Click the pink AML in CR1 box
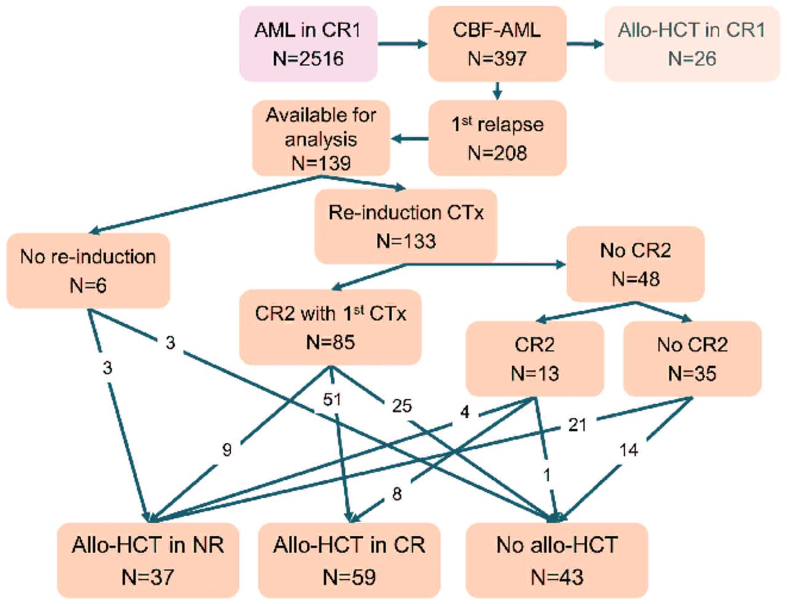click(308, 44)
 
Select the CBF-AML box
click(497, 44)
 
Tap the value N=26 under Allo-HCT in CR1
click(692, 59)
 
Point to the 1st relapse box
click(497, 138)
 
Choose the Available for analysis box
click(321, 138)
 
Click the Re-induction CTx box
click(406, 226)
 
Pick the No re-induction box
click(88, 271)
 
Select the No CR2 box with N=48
click(635, 264)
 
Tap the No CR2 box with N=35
click(692, 359)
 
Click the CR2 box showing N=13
click(535, 359)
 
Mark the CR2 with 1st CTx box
click(331, 327)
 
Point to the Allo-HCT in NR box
click(148, 560)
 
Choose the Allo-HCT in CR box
click(349, 560)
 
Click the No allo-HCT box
click(556, 560)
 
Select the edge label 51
click(332, 399)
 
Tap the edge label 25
click(401, 405)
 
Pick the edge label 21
click(577, 424)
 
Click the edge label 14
click(628, 450)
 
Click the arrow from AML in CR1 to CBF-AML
click(402, 44)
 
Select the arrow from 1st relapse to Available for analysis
click(409, 138)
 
